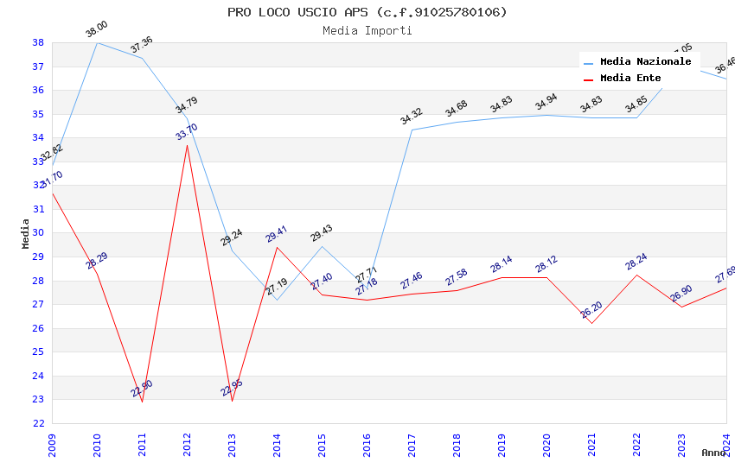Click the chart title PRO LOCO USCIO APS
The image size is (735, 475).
tap(367, 12)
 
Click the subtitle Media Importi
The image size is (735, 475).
tap(367, 30)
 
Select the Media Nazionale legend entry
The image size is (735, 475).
tap(645, 61)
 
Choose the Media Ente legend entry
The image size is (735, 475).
tap(630, 78)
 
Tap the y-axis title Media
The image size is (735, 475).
tap(26, 233)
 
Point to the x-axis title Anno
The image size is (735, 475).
tap(713, 453)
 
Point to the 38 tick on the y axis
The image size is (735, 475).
tap(38, 42)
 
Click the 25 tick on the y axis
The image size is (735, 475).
tap(38, 351)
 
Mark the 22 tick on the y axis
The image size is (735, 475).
tap(38, 423)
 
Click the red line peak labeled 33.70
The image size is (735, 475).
tap(187, 144)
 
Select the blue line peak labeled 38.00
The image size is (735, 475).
tap(97, 42)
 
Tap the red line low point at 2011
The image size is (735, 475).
tap(142, 402)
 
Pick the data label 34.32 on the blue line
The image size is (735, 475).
tap(412, 117)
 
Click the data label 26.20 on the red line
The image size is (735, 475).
tap(591, 309)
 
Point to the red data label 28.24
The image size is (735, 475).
tap(636, 262)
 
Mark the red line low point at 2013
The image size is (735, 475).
tap(232, 401)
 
